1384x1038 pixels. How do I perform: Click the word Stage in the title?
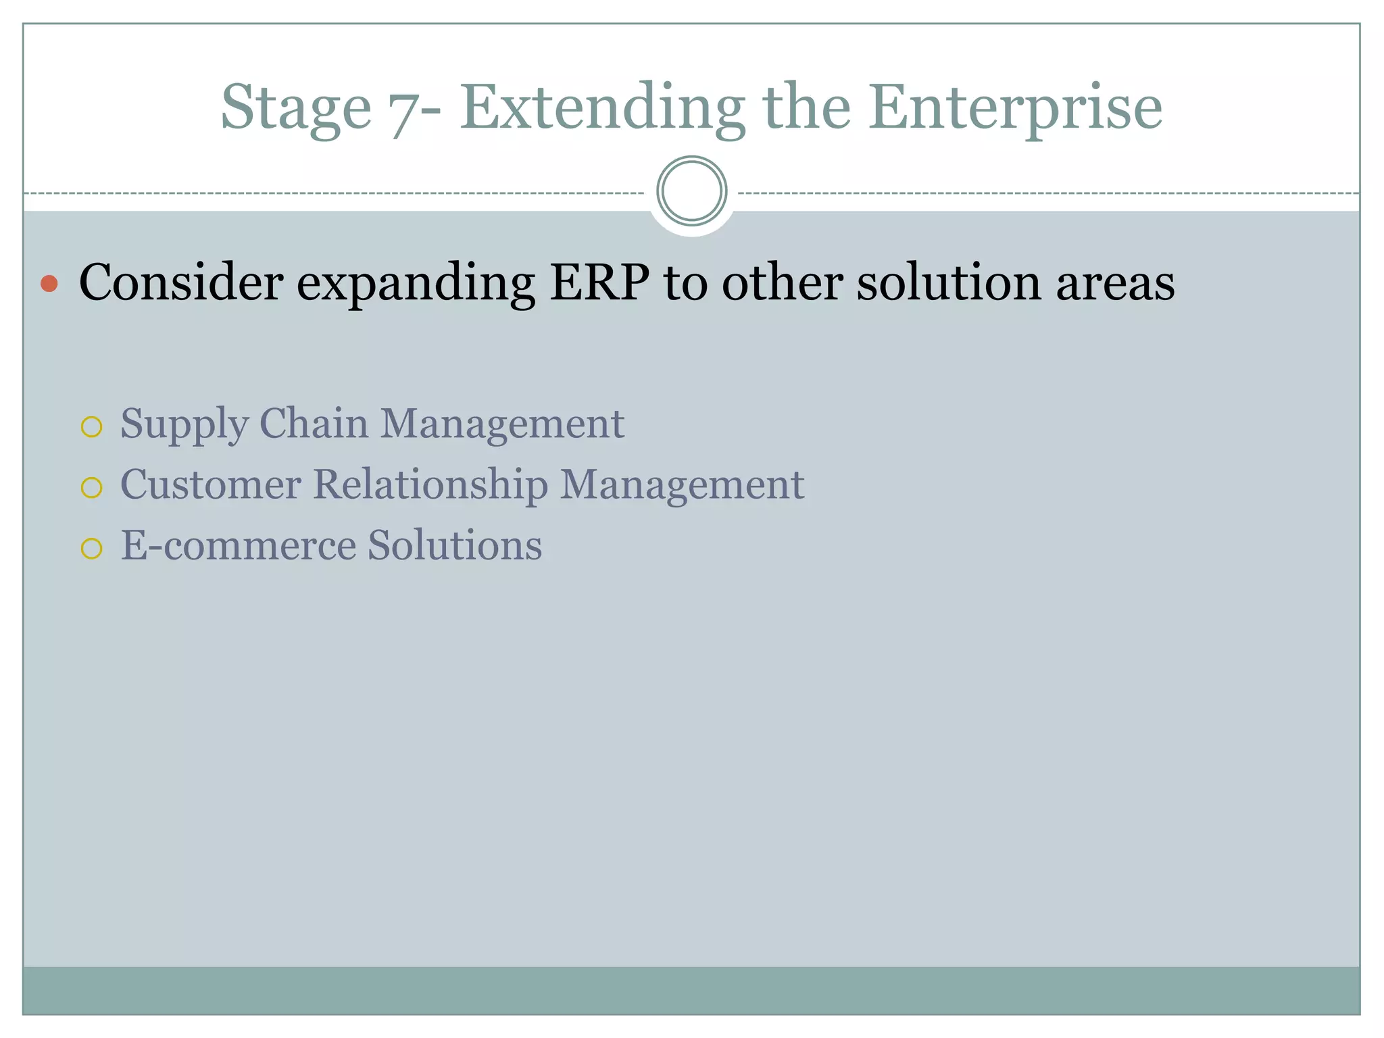point(296,108)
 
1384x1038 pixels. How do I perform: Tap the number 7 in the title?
point(403,112)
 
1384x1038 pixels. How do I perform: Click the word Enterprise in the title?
point(1015,108)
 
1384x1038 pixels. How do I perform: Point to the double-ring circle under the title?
point(691,191)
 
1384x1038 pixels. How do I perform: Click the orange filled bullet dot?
point(49,283)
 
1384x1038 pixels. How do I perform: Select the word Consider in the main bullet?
point(180,282)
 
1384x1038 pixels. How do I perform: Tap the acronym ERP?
point(599,282)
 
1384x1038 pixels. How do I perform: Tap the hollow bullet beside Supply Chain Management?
point(91,427)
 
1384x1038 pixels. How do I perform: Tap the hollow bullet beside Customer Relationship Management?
point(91,487)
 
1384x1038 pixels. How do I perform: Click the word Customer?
point(210,485)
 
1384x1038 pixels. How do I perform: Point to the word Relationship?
point(430,486)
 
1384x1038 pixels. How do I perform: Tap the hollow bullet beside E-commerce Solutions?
point(91,548)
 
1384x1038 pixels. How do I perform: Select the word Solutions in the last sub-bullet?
point(454,545)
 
